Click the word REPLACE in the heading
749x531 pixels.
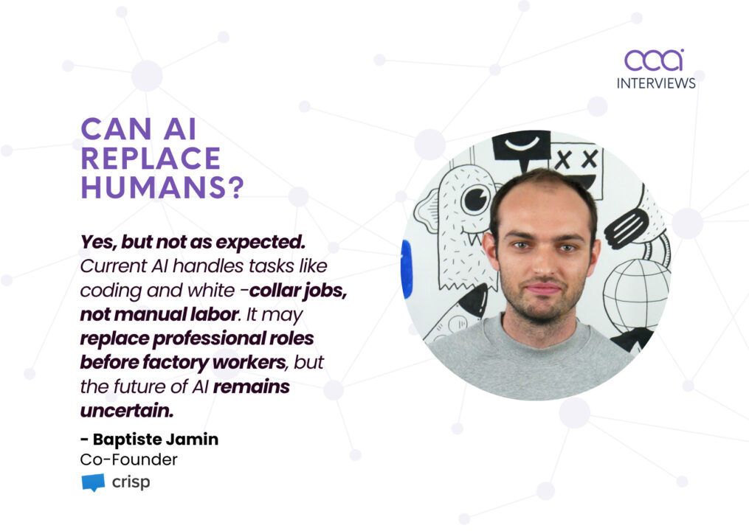click(151, 159)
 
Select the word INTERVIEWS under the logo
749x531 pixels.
click(656, 83)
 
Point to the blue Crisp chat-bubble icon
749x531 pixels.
click(93, 483)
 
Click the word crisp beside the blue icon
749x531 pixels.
click(131, 483)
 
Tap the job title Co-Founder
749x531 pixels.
click(128, 459)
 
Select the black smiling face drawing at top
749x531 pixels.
click(521, 145)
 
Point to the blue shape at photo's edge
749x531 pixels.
click(406, 269)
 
